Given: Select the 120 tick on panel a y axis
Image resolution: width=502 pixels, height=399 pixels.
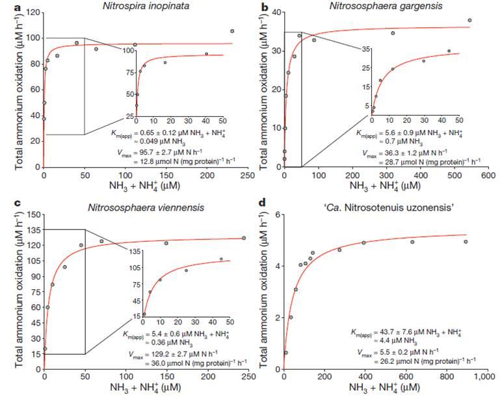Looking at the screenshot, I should click(x=31, y=12).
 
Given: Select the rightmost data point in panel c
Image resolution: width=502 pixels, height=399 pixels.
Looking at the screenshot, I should click(x=244, y=238).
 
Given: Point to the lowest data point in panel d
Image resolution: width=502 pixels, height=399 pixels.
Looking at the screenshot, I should click(x=286, y=352).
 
